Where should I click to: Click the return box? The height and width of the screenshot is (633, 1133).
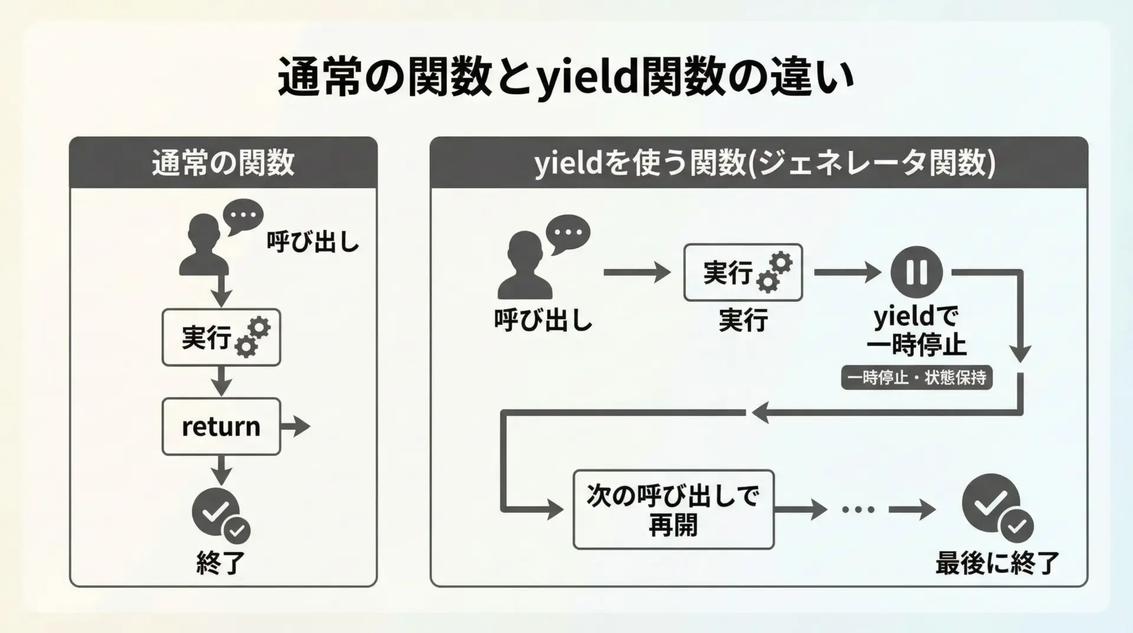click(221, 426)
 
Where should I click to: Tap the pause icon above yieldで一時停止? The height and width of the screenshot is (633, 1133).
click(916, 272)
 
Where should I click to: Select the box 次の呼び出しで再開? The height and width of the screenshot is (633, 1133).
click(673, 510)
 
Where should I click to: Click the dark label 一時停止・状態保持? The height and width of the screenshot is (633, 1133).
click(916, 377)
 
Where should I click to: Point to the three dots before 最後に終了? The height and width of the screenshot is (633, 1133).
click(858, 510)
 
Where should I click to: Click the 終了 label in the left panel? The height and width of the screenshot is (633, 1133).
click(221, 563)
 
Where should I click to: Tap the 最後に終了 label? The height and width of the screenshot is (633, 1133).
click(997, 563)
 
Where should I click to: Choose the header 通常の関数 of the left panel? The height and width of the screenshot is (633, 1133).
click(223, 163)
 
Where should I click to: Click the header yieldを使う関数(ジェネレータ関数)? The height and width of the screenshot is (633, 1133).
click(765, 163)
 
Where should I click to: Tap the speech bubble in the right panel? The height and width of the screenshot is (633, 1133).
click(568, 233)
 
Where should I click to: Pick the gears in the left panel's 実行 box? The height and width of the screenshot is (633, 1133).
click(253, 337)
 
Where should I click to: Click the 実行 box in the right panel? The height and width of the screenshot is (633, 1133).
click(742, 272)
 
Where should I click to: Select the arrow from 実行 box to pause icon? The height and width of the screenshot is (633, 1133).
click(847, 272)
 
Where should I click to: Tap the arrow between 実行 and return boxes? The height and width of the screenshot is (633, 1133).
click(221, 381)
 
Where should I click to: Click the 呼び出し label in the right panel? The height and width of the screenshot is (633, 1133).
click(543, 321)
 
